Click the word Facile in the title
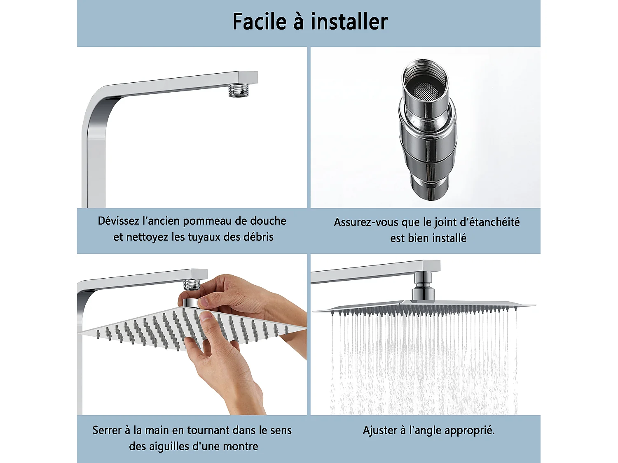point(259,22)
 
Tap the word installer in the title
point(349,22)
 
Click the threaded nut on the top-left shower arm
point(237,90)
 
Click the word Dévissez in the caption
point(119,221)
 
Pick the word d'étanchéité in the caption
point(489,222)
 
